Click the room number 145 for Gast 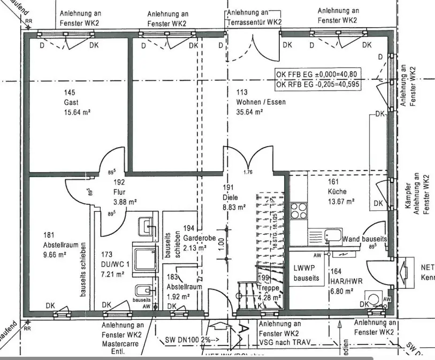click(x=69, y=93)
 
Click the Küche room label click(x=338, y=192)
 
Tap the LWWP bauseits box click(x=306, y=273)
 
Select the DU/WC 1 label click(x=112, y=264)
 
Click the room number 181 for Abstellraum click(x=50, y=234)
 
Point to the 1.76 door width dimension click(x=247, y=172)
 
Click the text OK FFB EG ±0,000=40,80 click(x=319, y=74)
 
